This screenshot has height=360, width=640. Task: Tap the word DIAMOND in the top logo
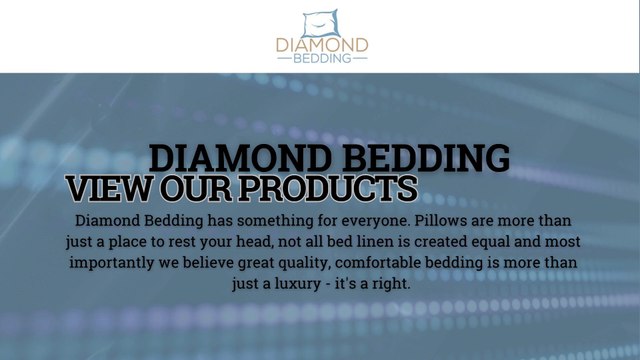[x=322, y=45]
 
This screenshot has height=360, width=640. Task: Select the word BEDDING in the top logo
[x=322, y=59]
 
